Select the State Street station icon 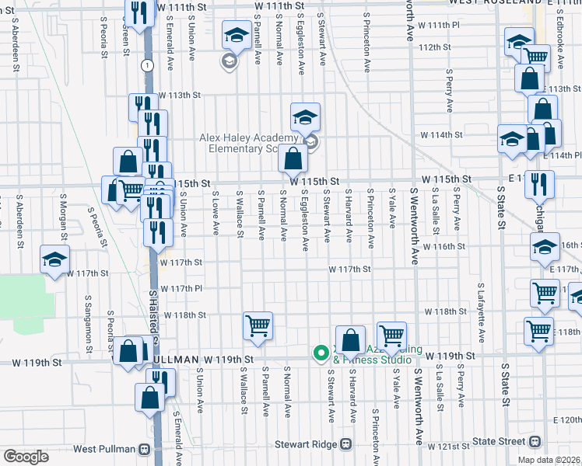[535, 441]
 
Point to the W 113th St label [180, 95]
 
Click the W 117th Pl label [181, 288]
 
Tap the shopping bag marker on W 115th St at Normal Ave [292, 160]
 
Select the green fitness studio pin [319, 353]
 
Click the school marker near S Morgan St [54, 260]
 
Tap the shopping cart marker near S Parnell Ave [258, 326]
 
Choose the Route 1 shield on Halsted [146, 65]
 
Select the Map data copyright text [549, 460]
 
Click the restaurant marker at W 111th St [139, 14]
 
